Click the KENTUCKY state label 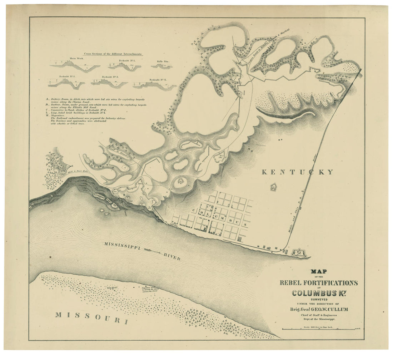[x=298, y=172]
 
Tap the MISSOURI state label [x=91, y=317]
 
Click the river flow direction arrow [x=151, y=251]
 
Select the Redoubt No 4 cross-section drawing [x=155, y=85]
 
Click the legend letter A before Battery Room [x=47, y=99]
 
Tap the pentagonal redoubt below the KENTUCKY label [x=273, y=187]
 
